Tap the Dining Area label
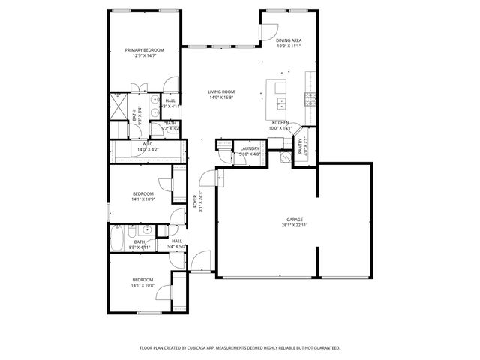click(x=289, y=40)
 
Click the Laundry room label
click(x=250, y=148)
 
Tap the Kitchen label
click(x=280, y=122)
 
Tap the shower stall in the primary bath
click(x=118, y=105)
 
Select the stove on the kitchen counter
click(x=309, y=97)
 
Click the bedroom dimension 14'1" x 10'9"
click(x=142, y=199)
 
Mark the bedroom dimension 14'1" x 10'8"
click(x=142, y=285)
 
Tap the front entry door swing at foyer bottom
click(x=199, y=263)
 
